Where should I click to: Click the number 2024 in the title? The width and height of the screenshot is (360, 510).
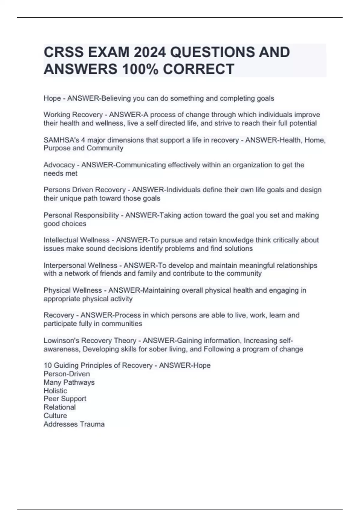click(150, 52)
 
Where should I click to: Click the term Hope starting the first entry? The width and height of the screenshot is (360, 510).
click(52, 98)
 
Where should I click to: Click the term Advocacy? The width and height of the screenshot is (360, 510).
click(59, 165)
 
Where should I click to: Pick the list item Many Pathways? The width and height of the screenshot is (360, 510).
click(69, 382)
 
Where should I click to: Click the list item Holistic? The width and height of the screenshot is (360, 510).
click(55, 391)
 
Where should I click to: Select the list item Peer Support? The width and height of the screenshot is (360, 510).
click(65, 399)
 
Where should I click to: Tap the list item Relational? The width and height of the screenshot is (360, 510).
click(59, 407)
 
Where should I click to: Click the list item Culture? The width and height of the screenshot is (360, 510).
click(55, 415)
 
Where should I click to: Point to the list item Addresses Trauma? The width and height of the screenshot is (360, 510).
click(74, 424)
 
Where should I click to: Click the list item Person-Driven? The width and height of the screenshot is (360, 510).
click(67, 374)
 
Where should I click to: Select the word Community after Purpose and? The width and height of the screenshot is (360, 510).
click(105, 148)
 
